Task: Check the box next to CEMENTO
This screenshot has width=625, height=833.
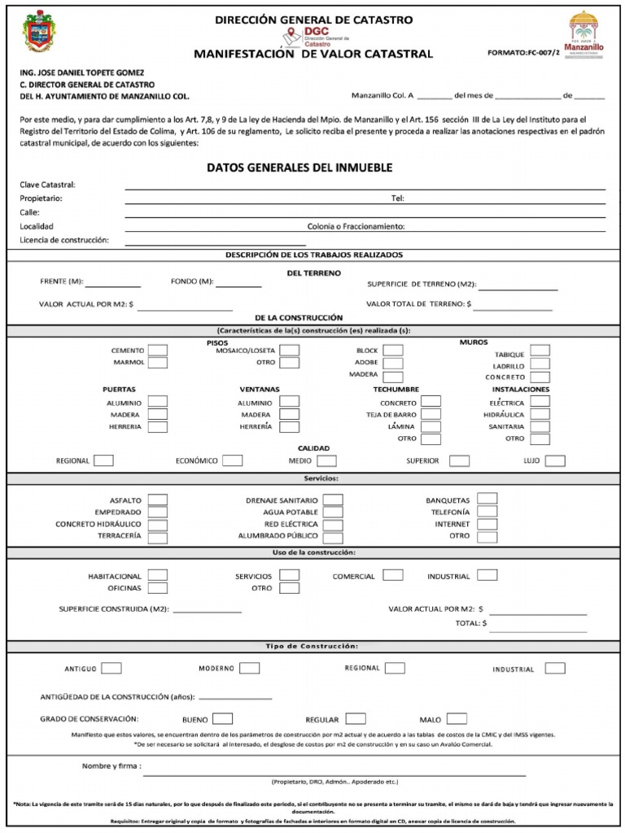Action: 158,350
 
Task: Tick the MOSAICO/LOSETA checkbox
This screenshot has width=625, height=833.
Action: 289,350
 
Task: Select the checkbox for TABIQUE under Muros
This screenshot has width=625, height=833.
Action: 540,351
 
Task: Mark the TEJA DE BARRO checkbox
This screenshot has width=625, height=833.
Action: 431,414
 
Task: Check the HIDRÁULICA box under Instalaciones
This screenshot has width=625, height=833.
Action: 540,414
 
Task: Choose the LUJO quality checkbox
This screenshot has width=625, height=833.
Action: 555,460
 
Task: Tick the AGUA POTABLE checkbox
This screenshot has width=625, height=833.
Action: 332,512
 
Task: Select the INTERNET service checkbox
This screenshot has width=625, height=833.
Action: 487,525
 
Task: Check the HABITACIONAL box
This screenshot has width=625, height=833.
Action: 158,575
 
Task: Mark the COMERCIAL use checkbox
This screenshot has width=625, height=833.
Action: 392,575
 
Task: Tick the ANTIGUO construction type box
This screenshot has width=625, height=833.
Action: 111,669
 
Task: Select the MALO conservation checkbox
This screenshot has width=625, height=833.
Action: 457,719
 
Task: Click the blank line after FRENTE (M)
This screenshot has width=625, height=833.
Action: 113,286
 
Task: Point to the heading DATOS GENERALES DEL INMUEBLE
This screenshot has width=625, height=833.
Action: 299,167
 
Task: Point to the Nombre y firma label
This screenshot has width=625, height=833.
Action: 111,765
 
